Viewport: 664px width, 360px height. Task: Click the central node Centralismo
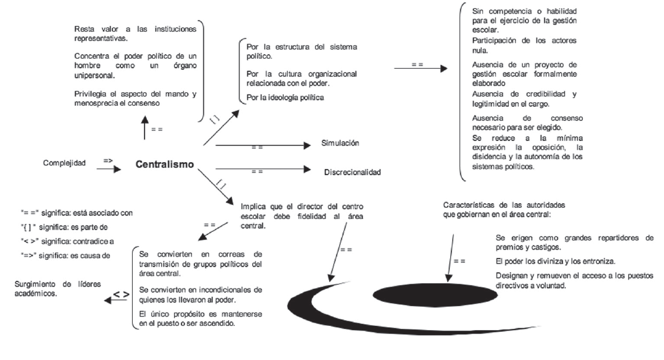coord(165,164)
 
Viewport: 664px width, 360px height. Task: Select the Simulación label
coord(340,143)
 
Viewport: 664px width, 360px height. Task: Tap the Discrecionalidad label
coord(353,172)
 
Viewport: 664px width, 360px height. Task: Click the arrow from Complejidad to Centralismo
coord(109,169)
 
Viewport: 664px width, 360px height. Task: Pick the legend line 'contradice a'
coord(66,241)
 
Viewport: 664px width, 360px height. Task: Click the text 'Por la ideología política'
coord(285,97)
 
